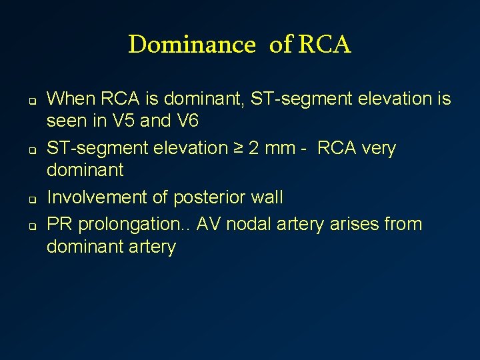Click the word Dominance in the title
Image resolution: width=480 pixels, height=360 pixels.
coord(192,45)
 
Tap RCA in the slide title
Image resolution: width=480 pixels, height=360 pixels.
coord(324,45)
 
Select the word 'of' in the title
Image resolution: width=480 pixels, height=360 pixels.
coord(280,45)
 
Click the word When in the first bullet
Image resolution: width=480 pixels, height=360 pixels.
coord(71,99)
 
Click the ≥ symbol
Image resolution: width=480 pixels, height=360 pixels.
coord(237,148)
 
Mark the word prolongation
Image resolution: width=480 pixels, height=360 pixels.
coord(133,223)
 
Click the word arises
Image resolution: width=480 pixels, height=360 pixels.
coord(353,223)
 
